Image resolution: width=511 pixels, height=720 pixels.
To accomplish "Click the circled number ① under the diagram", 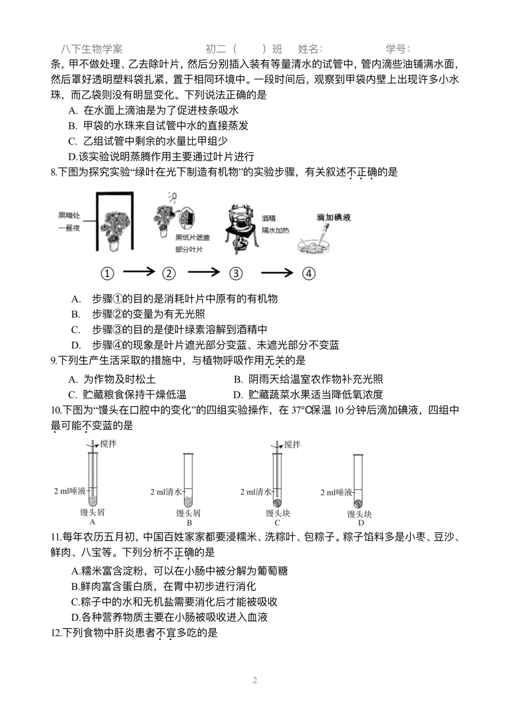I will [x=107, y=273].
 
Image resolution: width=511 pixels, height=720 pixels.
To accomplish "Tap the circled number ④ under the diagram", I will [x=308, y=273].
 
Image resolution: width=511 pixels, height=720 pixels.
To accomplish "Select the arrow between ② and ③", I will [x=203, y=272].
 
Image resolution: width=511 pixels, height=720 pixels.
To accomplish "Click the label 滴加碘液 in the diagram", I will [x=334, y=217].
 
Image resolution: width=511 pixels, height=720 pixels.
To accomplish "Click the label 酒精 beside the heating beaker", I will [x=269, y=218].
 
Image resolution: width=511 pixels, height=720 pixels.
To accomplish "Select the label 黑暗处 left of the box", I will [x=69, y=215].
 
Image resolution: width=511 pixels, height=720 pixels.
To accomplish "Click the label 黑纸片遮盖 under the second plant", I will [x=192, y=238].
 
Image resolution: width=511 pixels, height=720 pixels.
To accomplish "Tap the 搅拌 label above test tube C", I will [x=292, y=444].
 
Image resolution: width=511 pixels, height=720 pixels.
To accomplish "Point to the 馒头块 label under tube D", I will [x=359, y=514].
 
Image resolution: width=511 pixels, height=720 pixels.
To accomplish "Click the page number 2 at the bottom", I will [x=255, y=680].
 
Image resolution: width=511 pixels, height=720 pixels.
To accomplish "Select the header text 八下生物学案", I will [x=92, y=49].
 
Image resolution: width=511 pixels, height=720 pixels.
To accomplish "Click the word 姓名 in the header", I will [x=309, y=49].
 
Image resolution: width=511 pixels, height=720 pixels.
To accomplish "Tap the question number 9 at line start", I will [x=53, y=361].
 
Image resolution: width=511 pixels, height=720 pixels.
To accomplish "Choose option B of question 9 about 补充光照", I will [x=308, y=379].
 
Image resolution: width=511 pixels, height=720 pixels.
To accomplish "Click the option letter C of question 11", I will [x=75, y=602].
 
